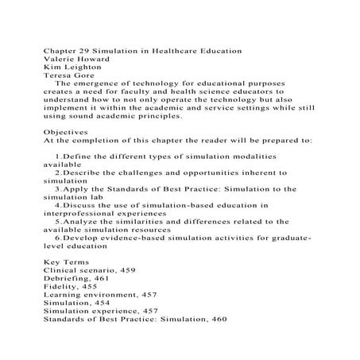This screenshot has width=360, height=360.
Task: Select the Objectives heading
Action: click(x=68, y=137)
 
